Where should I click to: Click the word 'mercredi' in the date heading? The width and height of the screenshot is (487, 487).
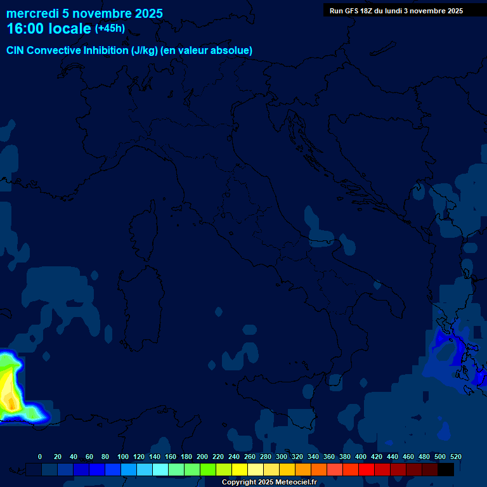point(32,13)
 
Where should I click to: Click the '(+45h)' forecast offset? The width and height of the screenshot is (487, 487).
point(110,29)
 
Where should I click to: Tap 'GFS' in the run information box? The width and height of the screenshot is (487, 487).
point(351,11)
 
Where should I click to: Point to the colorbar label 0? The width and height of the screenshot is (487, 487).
point(40,457)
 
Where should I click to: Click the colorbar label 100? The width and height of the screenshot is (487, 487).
point(122,457)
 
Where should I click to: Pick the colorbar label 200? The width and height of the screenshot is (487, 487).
point(202,457)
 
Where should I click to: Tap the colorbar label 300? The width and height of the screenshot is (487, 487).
point(281,457)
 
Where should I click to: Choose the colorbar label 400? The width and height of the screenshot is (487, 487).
point(360,457)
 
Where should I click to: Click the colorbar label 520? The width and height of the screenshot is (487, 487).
point(455,457)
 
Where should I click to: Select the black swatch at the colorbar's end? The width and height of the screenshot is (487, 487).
point(446,469)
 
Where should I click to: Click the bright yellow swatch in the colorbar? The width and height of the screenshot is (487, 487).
point(240,469)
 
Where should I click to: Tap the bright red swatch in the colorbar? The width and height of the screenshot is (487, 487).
point(367,469)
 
